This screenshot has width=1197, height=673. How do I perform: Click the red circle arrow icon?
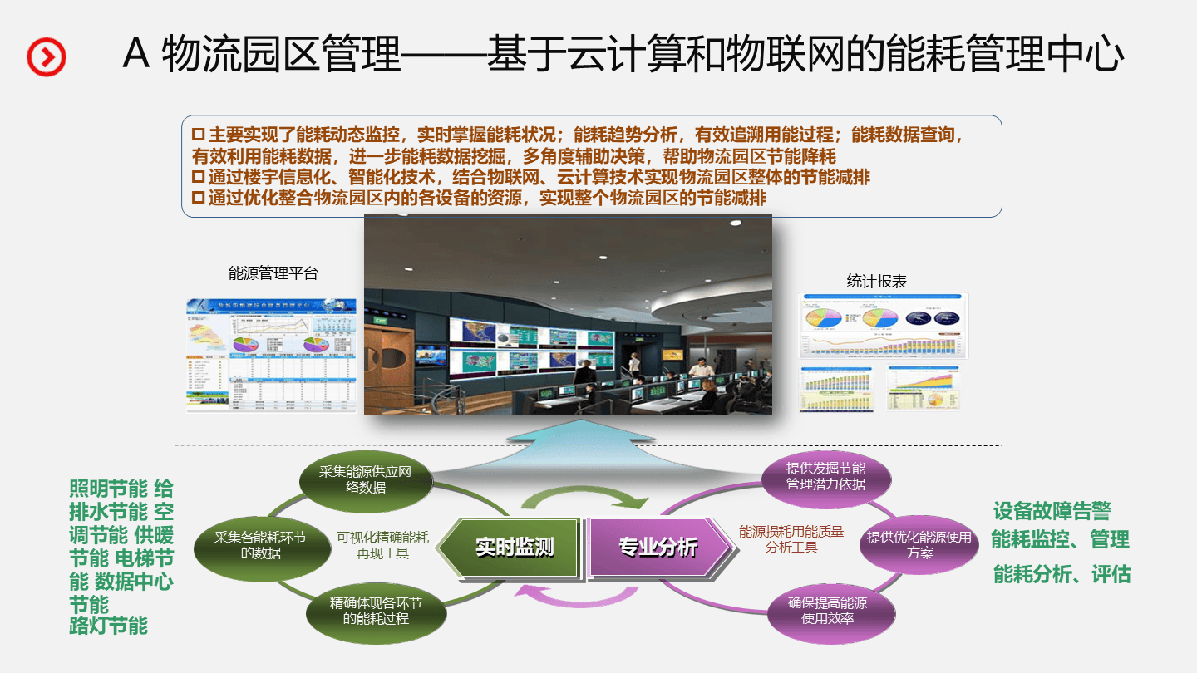click(x=47, y=56)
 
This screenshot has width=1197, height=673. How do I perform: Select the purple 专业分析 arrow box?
click(x=657, y=547)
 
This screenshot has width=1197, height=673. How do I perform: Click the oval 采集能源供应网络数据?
click(x=366, y=480)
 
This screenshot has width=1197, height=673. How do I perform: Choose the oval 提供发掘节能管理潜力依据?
click(x=825, y=476)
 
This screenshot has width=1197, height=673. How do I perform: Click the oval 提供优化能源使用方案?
click(x=919, y=545)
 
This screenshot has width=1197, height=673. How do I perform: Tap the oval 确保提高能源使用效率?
click(x=827, y=611)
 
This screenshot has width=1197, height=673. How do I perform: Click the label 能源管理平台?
click(x=273, y=273)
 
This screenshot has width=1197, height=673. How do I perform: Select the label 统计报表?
click(x=876, y=282)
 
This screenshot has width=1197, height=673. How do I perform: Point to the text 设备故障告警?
click(x=1052, y=511)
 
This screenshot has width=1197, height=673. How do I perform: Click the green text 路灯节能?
click(x=109, y=626)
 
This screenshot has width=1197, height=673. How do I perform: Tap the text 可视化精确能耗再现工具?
click(x=382, y=545)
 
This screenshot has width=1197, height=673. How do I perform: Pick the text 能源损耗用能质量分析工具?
click(x=791, y=539)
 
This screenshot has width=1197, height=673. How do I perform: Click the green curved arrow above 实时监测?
click(x=584, y=497)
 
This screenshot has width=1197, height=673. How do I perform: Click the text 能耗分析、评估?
click(x=1062, y=574)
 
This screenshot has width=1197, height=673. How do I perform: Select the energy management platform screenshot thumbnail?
click(x=271, y=356)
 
